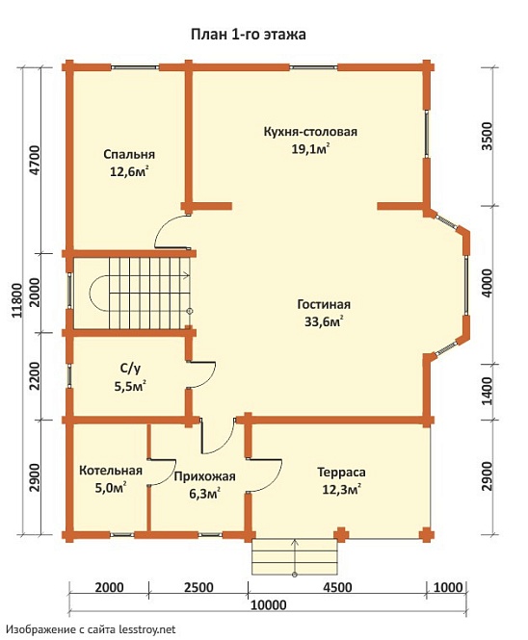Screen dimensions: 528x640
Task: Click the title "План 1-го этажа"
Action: coord(249,35)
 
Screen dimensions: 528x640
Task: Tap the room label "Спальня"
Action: coord(129,154)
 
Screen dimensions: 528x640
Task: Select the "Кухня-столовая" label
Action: coord(310,132)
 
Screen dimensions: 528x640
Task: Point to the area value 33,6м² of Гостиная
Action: coord(324,321)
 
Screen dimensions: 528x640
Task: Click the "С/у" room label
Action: coord(130,369)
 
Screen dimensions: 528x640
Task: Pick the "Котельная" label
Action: coord(111,471)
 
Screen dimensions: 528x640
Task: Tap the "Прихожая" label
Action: coord(204,476)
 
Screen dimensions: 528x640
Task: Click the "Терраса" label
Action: coord(342,473)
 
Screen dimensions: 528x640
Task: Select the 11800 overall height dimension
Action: coord(17,300)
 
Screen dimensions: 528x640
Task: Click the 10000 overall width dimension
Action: coord(268,604)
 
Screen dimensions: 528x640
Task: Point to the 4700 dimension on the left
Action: coord(36,160)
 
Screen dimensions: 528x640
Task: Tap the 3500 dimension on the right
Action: coord(488,136)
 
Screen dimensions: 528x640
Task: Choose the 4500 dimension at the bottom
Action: coord(337,587)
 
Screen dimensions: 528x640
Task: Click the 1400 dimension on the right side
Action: coord(488,391)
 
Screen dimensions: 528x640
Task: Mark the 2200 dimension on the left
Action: coord(36,376)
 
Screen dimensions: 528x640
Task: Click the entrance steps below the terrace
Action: coord(294,556)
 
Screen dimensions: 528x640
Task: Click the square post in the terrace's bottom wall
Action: coord(341,534)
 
